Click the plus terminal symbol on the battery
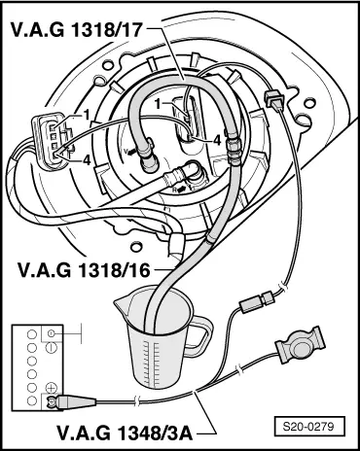click(51, 389)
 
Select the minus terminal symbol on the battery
click(50, 334)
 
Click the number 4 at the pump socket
click(217, 140)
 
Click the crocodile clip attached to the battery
click(73, 399)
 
